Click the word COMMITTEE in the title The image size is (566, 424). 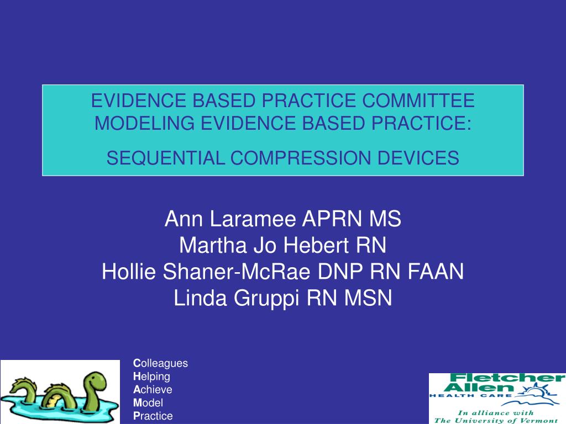(418, 100)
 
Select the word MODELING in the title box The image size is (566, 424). (145, 123)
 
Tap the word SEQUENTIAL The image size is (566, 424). (165, 158)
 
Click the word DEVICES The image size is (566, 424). (418, 158)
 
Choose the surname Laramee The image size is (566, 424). (253, 219)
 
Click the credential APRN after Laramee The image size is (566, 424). (332, 219)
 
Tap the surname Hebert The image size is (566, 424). (316, 245)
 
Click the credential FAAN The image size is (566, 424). (436, 271)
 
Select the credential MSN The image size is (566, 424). (368, 298)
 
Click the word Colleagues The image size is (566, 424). (161, 363)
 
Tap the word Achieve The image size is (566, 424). (153, 389)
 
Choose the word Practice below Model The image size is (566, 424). (153, 416)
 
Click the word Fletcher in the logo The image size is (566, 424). (508, 378)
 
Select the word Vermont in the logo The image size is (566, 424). (539, 420)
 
